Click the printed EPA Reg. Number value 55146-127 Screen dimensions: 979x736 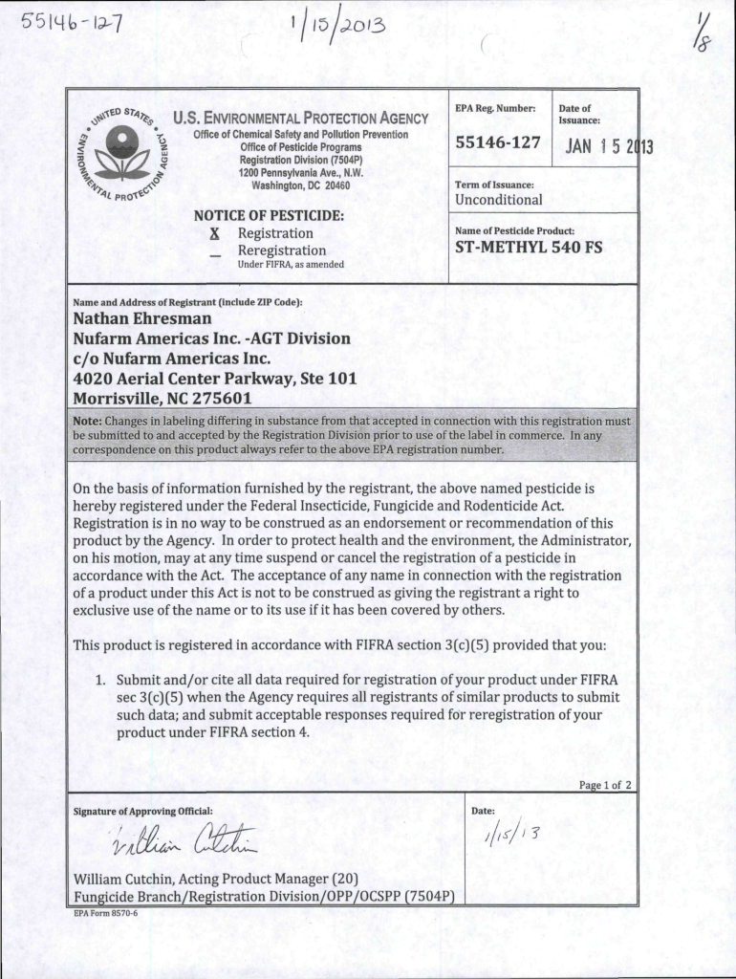[498, 143]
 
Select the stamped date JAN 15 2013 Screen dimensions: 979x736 [609, 147]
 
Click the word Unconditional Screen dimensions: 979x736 [499, 200]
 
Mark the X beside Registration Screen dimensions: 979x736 [215, 233]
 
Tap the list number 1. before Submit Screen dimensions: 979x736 [98, 679]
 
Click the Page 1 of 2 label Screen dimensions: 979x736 [606, 786]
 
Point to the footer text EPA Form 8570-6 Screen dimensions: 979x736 [106, 913]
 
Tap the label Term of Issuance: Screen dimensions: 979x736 [495, 184]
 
